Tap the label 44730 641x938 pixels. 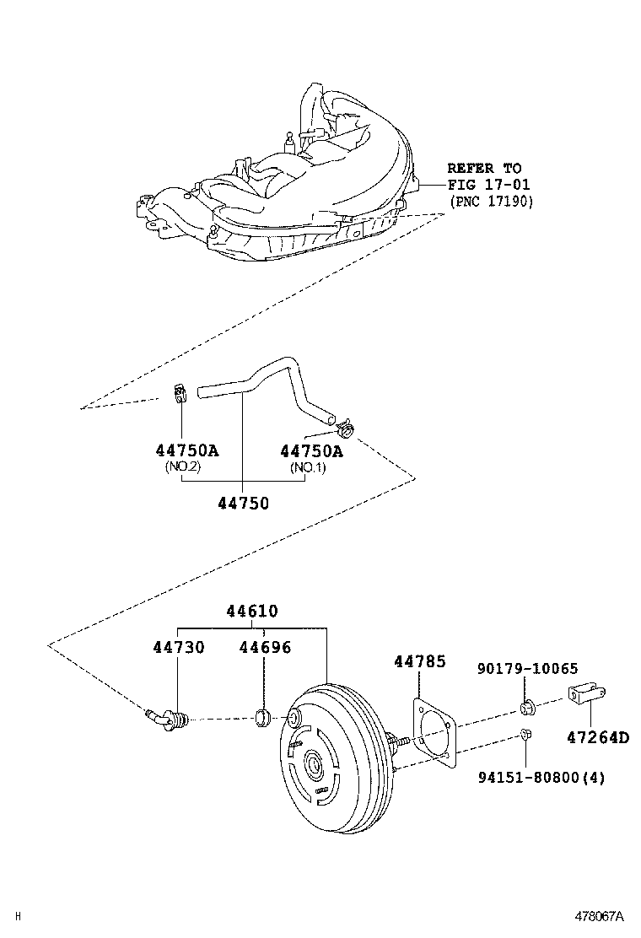coord(179,648)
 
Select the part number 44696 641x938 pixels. coord(264,648)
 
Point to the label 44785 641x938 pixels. coord(419,662)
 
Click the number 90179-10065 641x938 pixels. coord(526,669)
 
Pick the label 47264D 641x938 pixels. coord(597,737)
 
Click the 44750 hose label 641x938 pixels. coord(243,504)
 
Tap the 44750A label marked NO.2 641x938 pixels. coord(186,450)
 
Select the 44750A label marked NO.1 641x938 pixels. coord(311,450)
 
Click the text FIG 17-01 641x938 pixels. coord(488,185)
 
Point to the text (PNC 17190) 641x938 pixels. coord(491,202)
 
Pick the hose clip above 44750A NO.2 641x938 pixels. coord(178,392)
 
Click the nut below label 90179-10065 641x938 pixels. coord(526,704)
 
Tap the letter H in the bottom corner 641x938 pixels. coord(18,916)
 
